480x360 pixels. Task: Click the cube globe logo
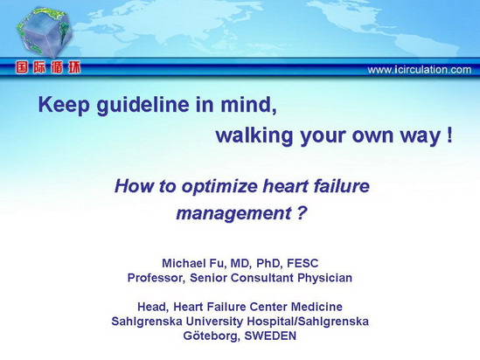pos(44,32)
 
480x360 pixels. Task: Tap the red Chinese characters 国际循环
pos(48,67)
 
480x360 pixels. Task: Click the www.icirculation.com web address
pos(420,70)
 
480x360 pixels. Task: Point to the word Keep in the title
pos(65,106)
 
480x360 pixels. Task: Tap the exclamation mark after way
pos(449,135)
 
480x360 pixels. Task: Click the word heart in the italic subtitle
pos(285,185)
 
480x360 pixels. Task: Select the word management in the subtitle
pos(234,213)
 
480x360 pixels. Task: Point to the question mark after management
pos(302,212)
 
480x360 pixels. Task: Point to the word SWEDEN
pos(270,336)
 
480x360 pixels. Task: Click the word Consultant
pos(262,278)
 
